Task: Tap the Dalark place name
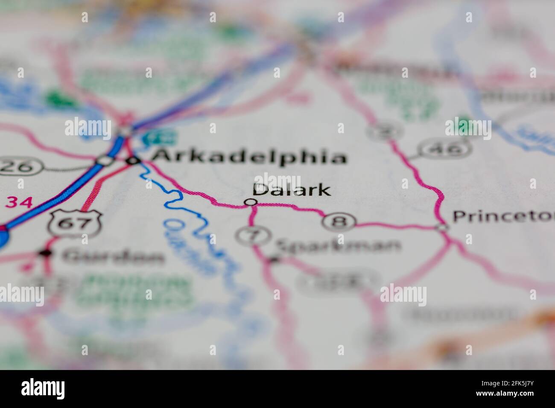(x=292, y=190)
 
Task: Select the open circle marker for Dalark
(x=252, y=202)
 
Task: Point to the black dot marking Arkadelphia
(x=133, y=160)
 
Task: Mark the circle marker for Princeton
(x=443, y=227)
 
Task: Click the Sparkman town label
(x=338, y=245)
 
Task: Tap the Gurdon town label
(x=113, y=257)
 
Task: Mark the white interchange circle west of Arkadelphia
(x=105, y=160)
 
